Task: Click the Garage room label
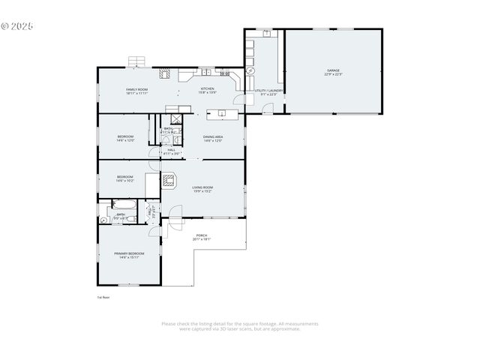click(x=334, y=73)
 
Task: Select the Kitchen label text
click(x=207, y=91)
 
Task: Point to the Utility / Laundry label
click(x=268, y=92)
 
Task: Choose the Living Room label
click(x=202, y=189)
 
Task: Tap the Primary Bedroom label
click(x=129, y=255)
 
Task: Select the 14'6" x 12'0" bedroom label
click(x=124, y=139)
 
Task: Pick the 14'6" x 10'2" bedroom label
click(x=124, y=178)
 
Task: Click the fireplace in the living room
click(x=169, y=181)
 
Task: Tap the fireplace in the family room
click(x=165, y=73)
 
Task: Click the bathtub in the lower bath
click(x=121, y=204)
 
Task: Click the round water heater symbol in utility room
click(x=251, y=71)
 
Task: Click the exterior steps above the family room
click(x=136, y=61)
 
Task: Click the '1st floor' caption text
click(x=103, y=298)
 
